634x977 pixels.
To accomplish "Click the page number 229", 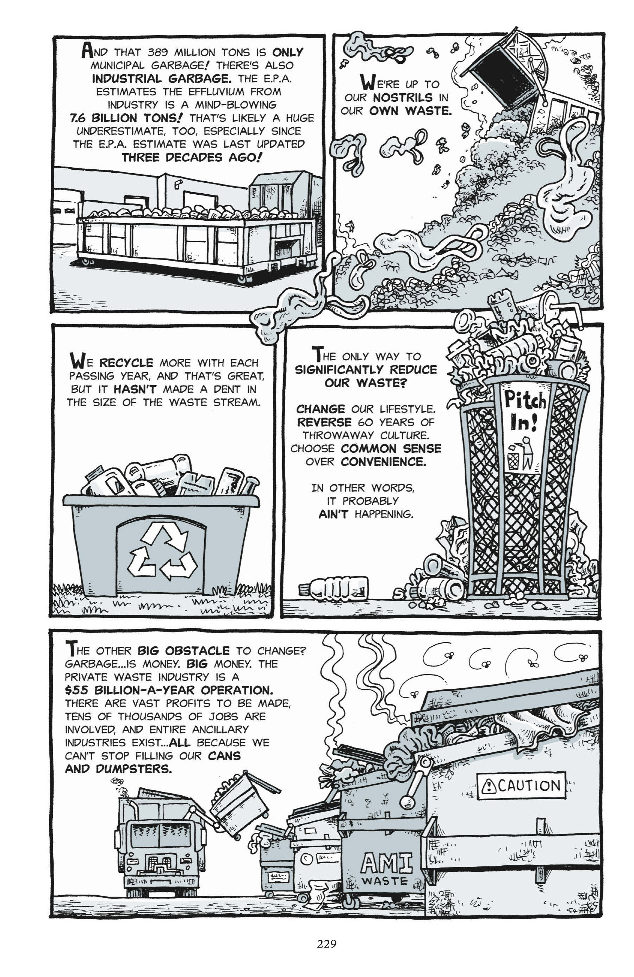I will pos(327,944).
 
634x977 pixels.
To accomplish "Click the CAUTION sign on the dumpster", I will pos(521,786).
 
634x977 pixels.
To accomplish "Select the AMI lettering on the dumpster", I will pos(386,862).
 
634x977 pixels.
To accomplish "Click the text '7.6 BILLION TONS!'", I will pos(126,118).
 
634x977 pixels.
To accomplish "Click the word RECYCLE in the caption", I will pos(126,363).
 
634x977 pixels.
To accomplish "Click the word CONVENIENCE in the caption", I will pos(383,462).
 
